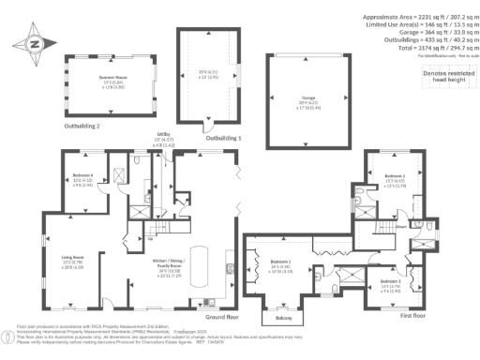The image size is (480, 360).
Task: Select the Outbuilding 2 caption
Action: (x=82, y=125)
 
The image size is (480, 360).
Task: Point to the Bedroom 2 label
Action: (x=393, y=175)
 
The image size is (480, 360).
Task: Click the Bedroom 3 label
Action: (x=391, y=282)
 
